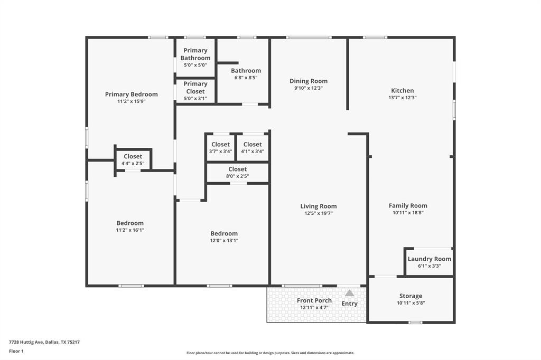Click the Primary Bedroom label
tap(131, 94)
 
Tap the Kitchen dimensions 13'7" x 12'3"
tap(403, 98)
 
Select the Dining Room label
tap(309, 81)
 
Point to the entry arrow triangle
tap(349, 293)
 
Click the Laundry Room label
tap(429, 259)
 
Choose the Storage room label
tap(411, 296)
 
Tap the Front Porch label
tap(314, 300)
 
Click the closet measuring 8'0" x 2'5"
tap(237, 173)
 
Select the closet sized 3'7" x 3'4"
tap(220, 148)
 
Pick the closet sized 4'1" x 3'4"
tap(252, 148)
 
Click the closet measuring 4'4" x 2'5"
tap(133, 159)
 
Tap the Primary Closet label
tap(195, 88)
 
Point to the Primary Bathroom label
tap(195, 54)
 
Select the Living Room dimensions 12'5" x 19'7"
tap(319, 213)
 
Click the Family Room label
tap(408, 206)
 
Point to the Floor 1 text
tap(16, 351)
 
